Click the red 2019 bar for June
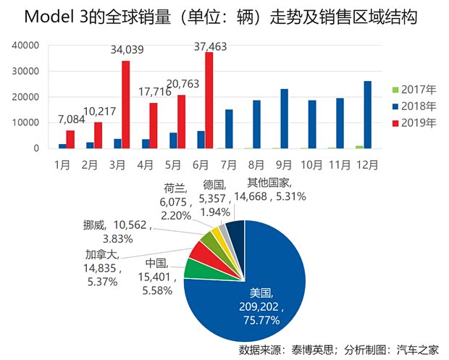point(209,101)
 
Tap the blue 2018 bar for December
point(369,114)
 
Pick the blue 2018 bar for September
point(285,119)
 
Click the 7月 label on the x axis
point(229,164)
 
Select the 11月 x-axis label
point(340,164)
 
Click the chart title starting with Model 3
point(224,16)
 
